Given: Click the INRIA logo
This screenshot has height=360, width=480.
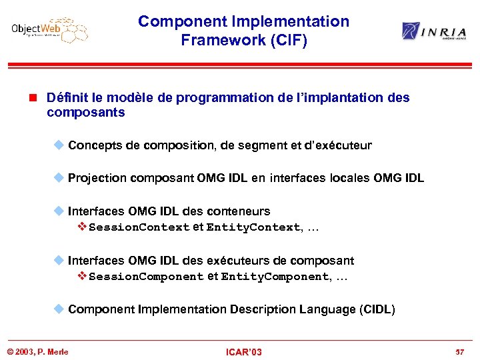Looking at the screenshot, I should click(x=434, y=31).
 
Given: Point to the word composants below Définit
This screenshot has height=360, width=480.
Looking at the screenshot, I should click(x=85, y=113).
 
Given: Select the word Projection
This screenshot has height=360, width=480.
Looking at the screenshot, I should click(x=97, y=178).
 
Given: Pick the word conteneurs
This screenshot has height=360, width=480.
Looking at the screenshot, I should click(x=238, y=211).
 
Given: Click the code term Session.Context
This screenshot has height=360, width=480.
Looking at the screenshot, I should click(x=139, y=227).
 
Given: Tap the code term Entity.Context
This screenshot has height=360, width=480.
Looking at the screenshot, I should click(x=253, y=227).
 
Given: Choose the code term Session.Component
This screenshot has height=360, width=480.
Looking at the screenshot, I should click(x=146, y=277).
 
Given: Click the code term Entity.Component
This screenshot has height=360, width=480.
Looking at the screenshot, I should click(x=274, y=277).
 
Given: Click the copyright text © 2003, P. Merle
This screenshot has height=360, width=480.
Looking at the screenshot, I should click(x=38, y=352).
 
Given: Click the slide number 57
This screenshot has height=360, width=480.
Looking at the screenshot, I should click(x=459, y=352).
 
